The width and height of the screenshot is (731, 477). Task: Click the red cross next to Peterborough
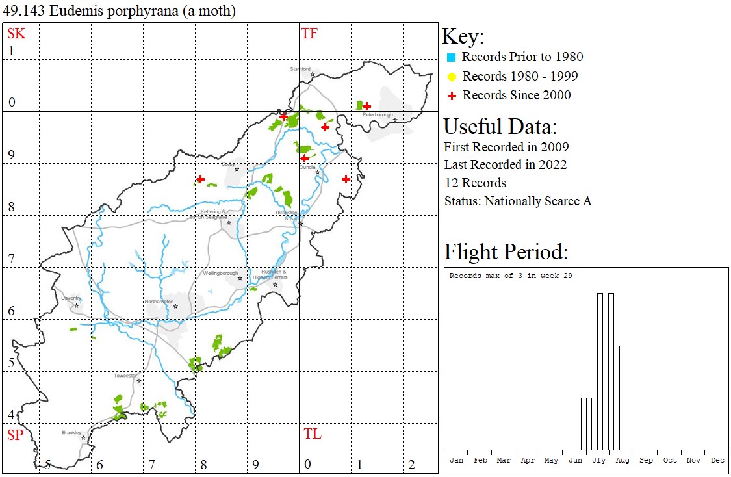pos(366,106)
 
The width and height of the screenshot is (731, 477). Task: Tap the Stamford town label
pos(300,68)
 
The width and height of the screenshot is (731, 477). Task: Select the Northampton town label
pos(159,302)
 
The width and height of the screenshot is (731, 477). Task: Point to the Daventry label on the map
pos(71,298)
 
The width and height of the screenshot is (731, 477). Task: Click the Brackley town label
pos(71,432)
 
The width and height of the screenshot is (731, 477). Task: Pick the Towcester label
pos(126,376)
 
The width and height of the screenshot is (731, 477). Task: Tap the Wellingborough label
pos(220,274)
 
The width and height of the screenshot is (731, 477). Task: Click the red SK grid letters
pos(16,34)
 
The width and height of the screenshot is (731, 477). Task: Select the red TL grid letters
pos(312,434)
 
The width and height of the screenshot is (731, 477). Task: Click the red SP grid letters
pos(16,435)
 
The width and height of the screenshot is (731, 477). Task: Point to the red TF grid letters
pos(309,34)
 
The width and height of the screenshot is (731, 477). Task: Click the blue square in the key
pos(452,57)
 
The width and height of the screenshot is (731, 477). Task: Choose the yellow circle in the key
pos(452,77)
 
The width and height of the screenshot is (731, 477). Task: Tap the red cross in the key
pos(452,96)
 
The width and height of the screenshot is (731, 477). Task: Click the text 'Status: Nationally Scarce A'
pos(518,201)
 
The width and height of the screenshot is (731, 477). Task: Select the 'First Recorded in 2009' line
pos(506,147)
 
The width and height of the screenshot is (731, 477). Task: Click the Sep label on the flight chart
pos(646,460)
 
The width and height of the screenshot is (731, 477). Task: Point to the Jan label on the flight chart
pos(457,460)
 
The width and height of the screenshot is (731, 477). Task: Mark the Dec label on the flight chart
pos(717,460)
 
